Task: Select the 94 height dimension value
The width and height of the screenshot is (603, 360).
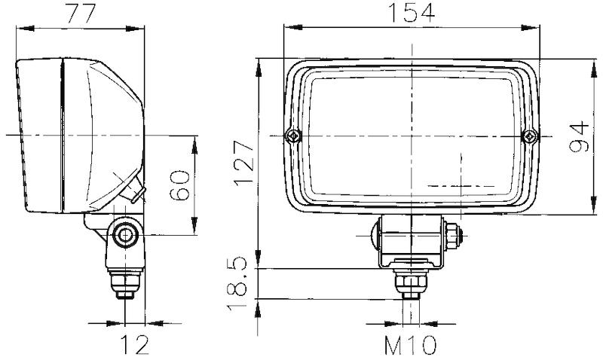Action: [579, 136]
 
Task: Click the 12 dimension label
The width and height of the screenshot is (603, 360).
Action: [133, 346]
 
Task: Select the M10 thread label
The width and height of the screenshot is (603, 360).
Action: [411, 346]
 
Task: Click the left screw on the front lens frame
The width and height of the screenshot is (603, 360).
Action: [292, 136]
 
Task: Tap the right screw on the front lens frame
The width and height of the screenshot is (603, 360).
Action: [531, 136]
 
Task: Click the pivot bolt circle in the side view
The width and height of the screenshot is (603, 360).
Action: [124, 236]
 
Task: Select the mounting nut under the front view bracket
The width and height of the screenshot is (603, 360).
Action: [412, 282]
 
